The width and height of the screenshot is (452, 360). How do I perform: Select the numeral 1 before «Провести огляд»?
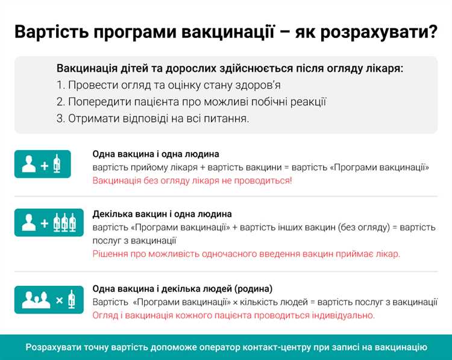(60, 86)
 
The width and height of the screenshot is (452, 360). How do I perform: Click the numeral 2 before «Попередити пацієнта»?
(60, 102)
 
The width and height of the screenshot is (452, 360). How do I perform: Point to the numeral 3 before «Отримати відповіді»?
(60, 118)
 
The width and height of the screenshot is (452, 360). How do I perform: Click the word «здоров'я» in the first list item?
(256, 86)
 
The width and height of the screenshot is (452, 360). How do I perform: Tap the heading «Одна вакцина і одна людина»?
(155, 154)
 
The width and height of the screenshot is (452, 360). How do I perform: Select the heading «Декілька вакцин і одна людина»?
(162, 214)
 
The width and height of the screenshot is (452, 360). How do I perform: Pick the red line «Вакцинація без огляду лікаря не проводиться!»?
(192, 180)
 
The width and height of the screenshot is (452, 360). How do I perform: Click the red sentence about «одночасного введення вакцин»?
(246, 254)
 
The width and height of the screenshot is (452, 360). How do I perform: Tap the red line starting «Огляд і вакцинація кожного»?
(233, 315)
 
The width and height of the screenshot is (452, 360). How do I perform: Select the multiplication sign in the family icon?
(59, 299)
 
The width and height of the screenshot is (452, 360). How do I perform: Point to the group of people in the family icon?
(35, 299)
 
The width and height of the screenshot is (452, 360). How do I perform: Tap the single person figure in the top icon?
(28, 165)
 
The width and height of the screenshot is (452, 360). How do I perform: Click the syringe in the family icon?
(71, 298)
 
